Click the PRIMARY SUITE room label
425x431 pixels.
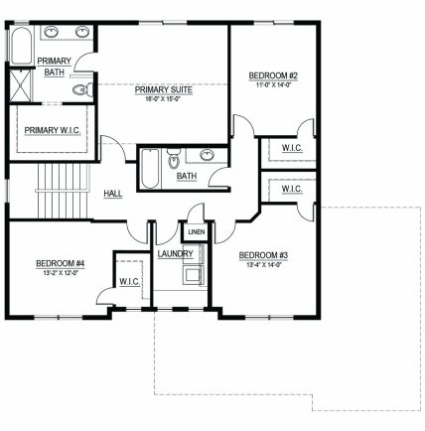[164, 89]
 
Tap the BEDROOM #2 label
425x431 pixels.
[273, 75]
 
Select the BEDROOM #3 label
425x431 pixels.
[263, 255]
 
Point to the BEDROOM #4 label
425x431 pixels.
[61, 263]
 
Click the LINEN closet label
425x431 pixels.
[197, 232]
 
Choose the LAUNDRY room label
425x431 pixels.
[175, 254]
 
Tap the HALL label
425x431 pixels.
[113, 194]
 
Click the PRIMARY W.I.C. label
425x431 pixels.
[53, 130]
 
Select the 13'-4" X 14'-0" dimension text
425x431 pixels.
[263, 265]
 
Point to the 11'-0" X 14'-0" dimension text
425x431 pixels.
[273, 84]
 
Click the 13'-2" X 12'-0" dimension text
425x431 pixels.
[61, 273]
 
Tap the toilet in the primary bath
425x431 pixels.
[82, 89]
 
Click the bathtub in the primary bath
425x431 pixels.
[22, 46]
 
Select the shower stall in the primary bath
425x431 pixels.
[21, 85]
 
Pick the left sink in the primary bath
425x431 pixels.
[52, 32]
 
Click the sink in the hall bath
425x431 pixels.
[207, 155]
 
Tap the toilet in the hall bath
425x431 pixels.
[173, 159]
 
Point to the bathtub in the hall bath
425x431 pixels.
[150, 169]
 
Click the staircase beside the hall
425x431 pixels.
[63, 191]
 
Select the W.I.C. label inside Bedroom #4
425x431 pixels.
[129, 282]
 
